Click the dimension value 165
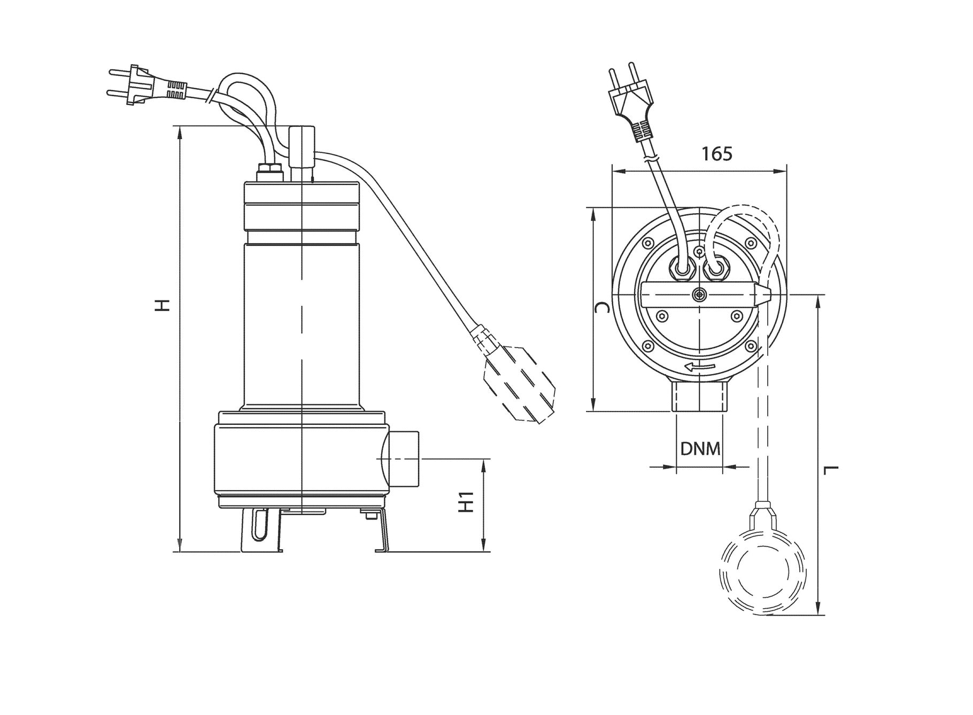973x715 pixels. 717,154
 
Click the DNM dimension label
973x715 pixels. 700,449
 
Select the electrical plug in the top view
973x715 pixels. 633,104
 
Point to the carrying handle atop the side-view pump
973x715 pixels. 302,152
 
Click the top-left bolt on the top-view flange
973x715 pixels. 648,244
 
